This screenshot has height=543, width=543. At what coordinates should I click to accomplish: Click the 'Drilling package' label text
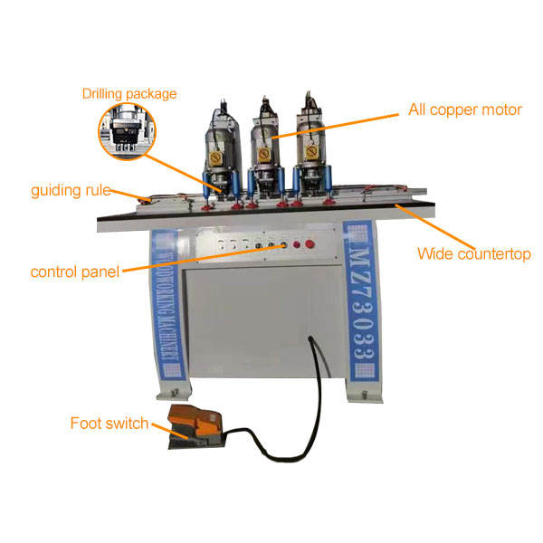click(129, 93)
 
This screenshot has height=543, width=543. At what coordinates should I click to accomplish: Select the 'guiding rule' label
click(71, 191)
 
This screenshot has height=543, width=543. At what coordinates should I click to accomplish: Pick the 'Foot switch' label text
click(110, 423)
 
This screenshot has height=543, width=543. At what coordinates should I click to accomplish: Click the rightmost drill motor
click(313, 140)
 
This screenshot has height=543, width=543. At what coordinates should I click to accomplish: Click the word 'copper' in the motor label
click(466, 110)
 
